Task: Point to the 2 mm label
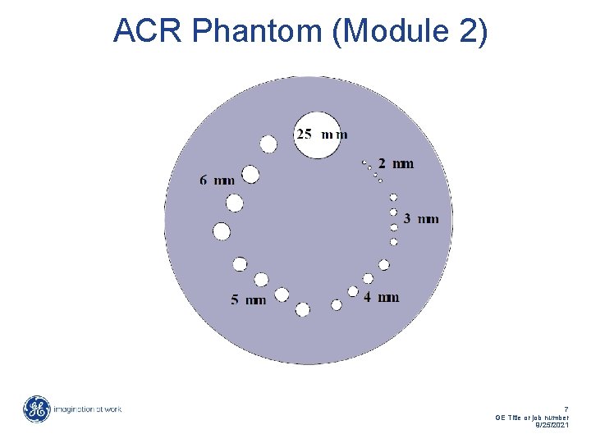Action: point(396,164)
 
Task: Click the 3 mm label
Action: point(421,218)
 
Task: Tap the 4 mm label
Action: point(382,296)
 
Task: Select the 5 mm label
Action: point(248,300)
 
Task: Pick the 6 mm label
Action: point(217,180)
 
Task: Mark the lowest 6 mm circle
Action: point(222,231)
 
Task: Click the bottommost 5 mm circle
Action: point(303,309)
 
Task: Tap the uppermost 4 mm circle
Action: point(383,265)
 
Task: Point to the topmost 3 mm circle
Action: point(393,198)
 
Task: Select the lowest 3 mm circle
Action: point(394,242)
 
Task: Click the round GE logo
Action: point(36,409)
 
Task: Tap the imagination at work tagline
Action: point(88,409)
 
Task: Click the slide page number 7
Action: point(566,408)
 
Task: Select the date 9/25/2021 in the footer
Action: point(551,425)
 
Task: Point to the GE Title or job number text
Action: point(533,417)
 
